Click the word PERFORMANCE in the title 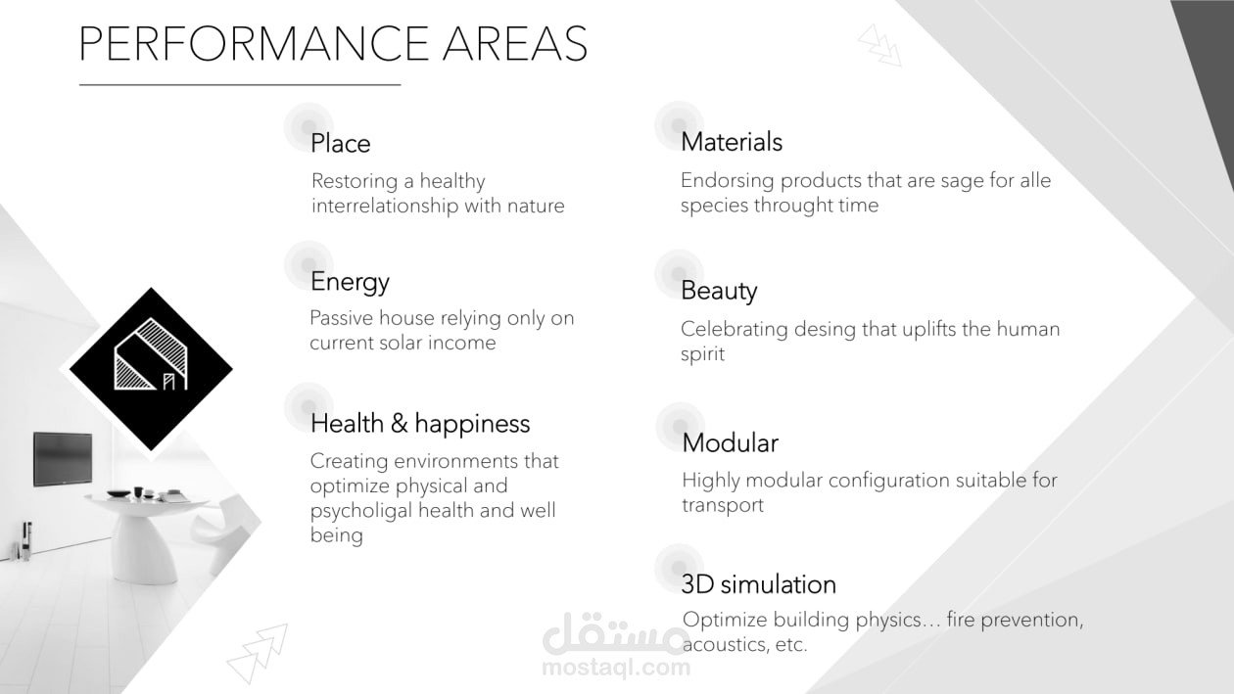pyautogui.click(x=254, y=43)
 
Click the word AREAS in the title pyautogui.click(x=515, y=43)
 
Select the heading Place pyautogui.click(x=341, y=143)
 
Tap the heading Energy pyautogui.click(x=350, y=282)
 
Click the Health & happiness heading pyautogui.click(x=420, y=424)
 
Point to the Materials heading pyautogui.click(x=732, y=142)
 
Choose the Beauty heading pyautogui.click(x=719, y=291)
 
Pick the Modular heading pyautogui.click(x=730, y=442)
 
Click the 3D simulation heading pyautogui.click(x=759, y=584)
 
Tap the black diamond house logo pyautogui.click(x=151, y=369)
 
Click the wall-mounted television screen pyautogui.click(x=63, y=459)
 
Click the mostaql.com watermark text pyautogui.click(x=616, y=668)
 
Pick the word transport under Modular pyautogui.click(x=723, y=506)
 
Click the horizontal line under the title pyautogui.click(x=240, y=85)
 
